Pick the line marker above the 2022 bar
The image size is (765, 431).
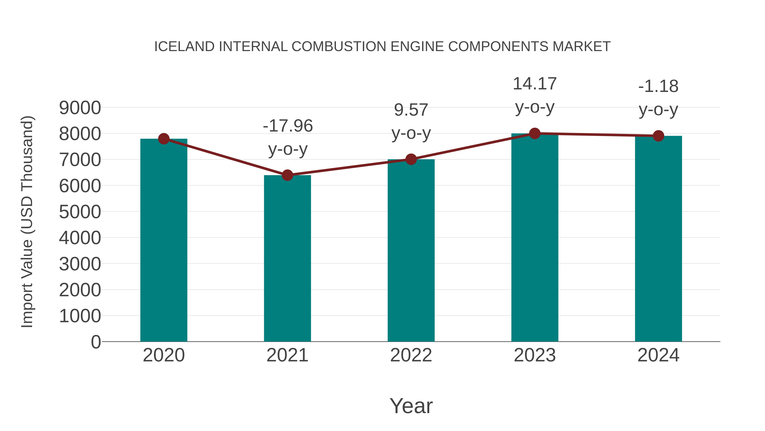pos(411,159)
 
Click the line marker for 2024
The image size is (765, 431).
pos(658,136)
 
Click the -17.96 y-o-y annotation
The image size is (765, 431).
pos(288,137)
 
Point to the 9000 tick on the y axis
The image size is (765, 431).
pos(80,108)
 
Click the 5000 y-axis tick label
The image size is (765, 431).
pos(80,212)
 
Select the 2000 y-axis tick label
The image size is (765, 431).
pos(80,290)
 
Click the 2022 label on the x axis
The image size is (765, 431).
pos(411,355)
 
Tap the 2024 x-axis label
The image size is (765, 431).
pos(658,355)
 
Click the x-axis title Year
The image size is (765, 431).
pos(411,406)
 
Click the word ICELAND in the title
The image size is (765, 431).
pos(184,47)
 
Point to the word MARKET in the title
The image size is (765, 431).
pos(581,47)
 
